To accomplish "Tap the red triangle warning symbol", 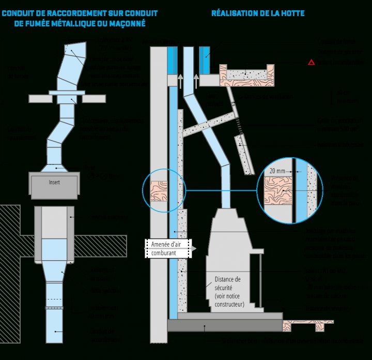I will [311, 63].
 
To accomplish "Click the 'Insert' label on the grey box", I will [54, 183].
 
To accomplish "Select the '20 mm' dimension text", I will [277, 170].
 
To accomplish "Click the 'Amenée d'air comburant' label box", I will [166, 249].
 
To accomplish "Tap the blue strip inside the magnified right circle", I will [300, 189].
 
